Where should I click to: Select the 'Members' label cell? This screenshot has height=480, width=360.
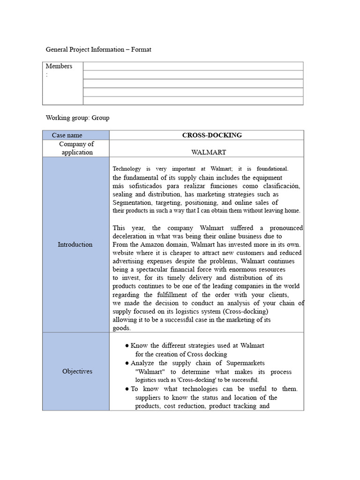point(59,66)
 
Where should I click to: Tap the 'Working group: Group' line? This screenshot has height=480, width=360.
point(77,118)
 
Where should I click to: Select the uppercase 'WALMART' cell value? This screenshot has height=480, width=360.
point(209,152)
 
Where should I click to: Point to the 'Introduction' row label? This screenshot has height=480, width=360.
point(75,244)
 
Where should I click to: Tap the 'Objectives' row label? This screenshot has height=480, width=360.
point(77,371)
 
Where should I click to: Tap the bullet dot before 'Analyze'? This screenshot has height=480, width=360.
point(127,363)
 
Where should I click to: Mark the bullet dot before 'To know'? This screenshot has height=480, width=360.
point(127,389)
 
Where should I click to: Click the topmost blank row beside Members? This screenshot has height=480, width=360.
point(193,66)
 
